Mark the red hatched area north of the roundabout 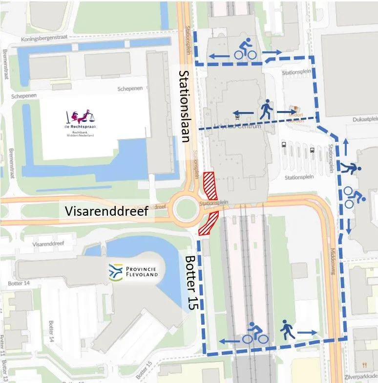pos(209,183)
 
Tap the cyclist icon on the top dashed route pos(245,50)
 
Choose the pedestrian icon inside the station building pos(266,110)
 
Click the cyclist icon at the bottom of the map pos(255,334)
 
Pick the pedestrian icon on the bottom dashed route pos(288,330)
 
